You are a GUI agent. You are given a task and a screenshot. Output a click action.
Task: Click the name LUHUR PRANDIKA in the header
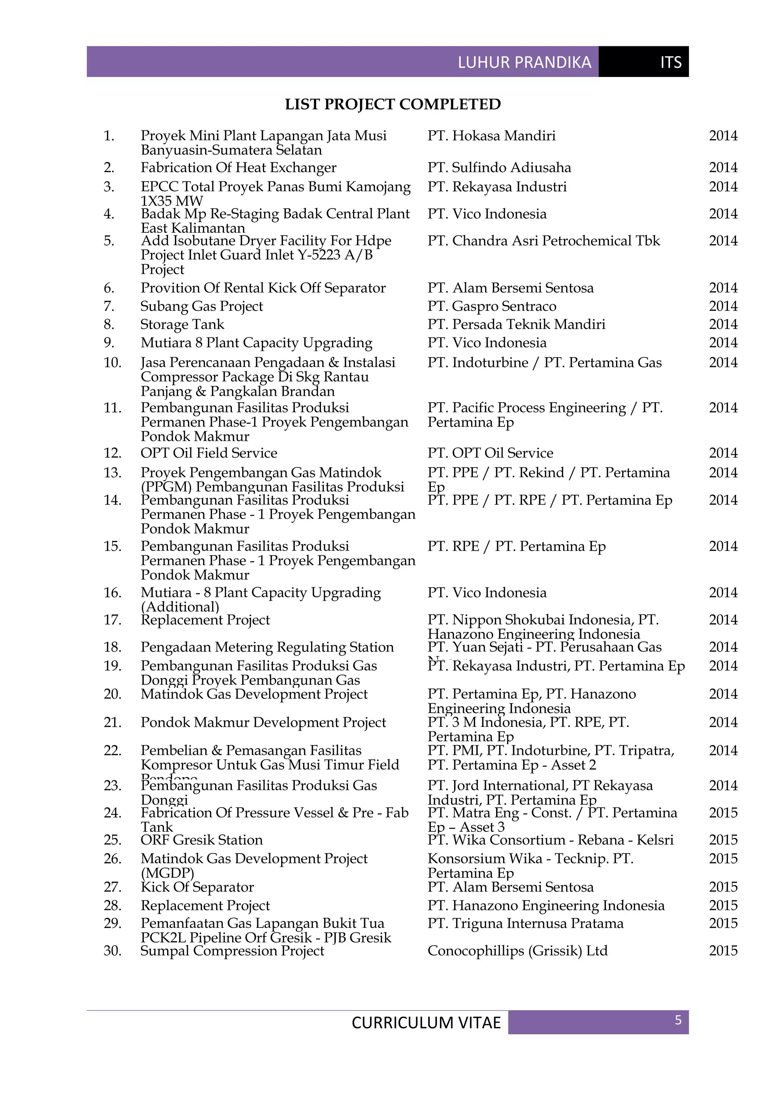(524, 62)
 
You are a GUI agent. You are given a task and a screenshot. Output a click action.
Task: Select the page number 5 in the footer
(677, 1020)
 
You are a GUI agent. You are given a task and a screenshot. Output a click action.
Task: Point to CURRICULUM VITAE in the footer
(426, 1023)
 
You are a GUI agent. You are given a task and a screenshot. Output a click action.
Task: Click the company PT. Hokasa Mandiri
(491, 136)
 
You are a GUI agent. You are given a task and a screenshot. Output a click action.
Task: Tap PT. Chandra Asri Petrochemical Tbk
(543, 240)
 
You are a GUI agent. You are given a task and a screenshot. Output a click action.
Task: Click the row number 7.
(109, 306)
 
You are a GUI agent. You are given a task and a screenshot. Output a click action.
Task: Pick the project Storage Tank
(182, 324)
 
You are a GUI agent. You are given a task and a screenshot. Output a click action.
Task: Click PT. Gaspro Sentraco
(492, 306)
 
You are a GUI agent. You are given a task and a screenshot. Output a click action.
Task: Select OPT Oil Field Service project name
(208, 453)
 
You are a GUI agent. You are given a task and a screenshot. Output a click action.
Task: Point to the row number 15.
(112, 546)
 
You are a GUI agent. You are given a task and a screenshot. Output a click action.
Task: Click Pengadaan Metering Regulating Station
(267, 647)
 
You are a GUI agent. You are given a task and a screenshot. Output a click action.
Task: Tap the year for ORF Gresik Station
(723, 840)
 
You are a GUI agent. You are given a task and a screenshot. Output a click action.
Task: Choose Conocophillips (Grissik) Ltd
(517, 951)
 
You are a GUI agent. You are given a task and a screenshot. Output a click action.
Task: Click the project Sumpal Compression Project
(232, 951)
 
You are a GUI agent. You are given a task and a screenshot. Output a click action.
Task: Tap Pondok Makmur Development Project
(263, 722)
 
